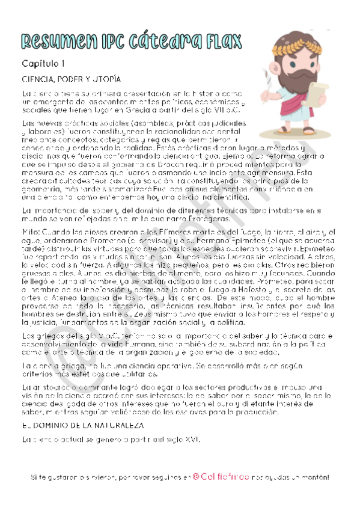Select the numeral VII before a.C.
[x=220, y=110]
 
